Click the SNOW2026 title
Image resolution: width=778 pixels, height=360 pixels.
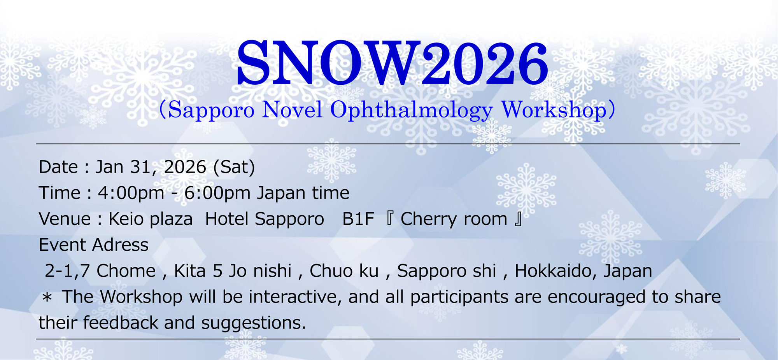392,63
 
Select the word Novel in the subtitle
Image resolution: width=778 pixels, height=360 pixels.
292,110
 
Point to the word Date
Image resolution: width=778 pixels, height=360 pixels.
58,167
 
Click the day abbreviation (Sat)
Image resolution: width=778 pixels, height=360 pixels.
234,167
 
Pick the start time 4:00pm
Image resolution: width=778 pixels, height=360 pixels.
131,193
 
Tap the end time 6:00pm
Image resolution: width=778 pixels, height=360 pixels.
217,193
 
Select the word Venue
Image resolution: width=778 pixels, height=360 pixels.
65,219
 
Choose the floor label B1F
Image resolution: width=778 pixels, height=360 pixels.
358,219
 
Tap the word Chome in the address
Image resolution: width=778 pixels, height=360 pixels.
126,271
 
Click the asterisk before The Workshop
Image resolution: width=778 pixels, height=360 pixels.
47,298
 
